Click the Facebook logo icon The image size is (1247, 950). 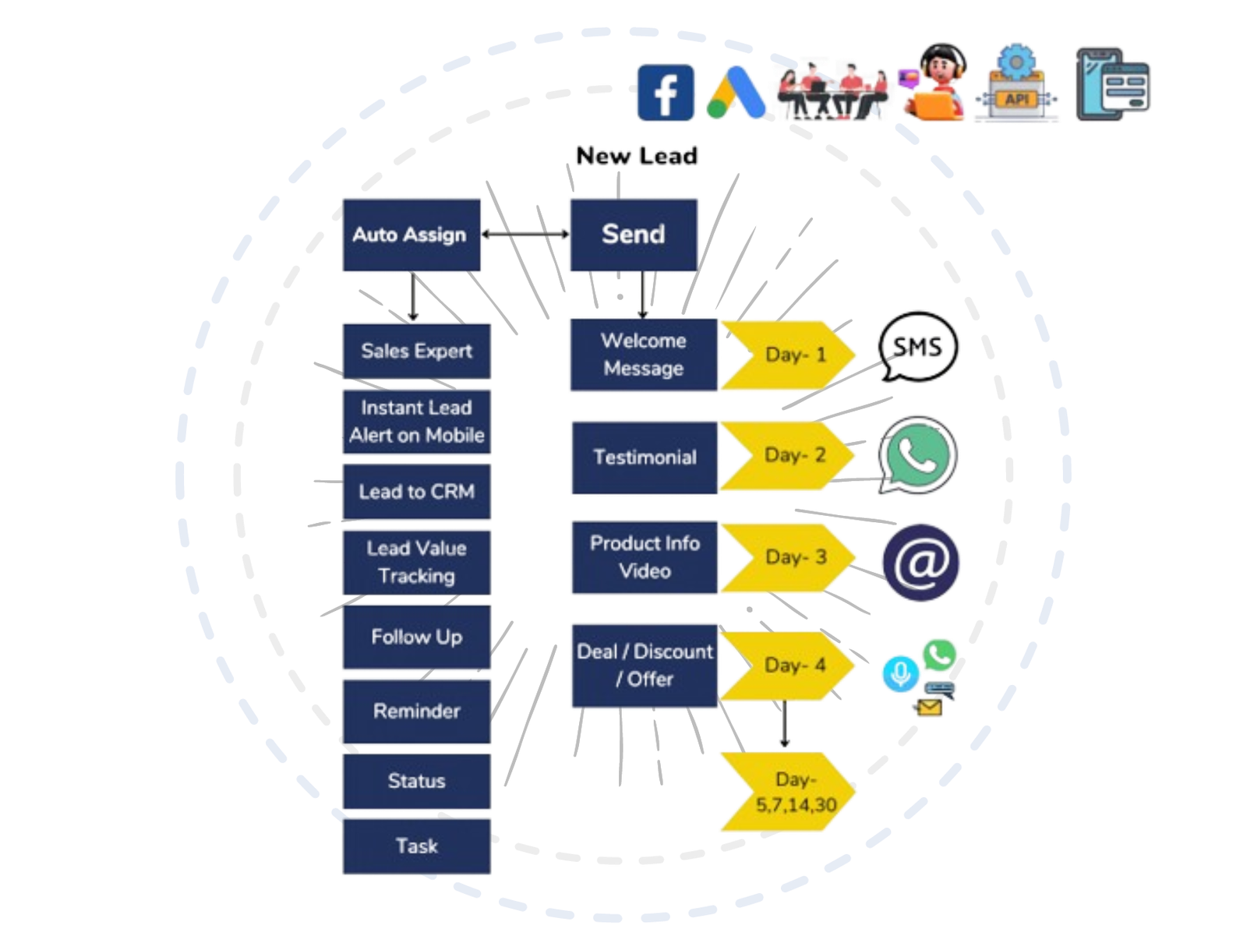click(x=666, y=93)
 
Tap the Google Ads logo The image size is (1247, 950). click(x=737, y=93)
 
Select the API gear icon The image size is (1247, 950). click(x=1016, y=83)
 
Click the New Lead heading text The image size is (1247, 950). click(x=636, y=156)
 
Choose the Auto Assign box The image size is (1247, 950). click(x=412, y=235)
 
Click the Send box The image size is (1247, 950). click(x=634, y=235)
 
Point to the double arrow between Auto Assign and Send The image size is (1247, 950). click(x=525, y=234)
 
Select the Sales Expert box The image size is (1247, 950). click(x=416, y=351)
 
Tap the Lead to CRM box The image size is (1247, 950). click(x=416, y=491)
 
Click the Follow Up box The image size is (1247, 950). click(x=416, y=637)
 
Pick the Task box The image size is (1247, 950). click(x=416, y=846)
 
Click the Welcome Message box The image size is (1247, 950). click(x=644, y=355)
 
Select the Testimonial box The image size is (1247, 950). click(x=645, y=457)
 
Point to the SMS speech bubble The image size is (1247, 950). click(x=917, y=346)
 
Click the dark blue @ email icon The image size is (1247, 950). click(x=921, y=563)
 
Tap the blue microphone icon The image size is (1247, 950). click(x=900, y=674)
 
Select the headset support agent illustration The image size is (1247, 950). click(x=934, y=83)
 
